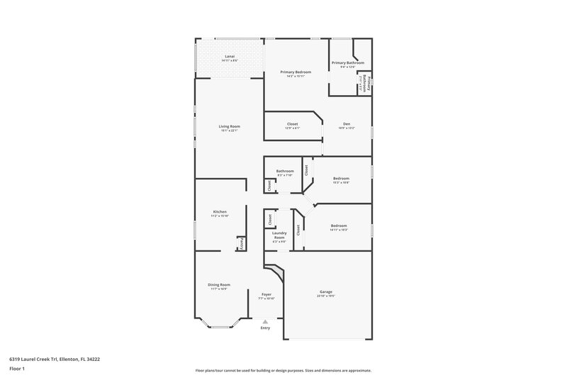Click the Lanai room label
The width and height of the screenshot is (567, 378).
point(230,56)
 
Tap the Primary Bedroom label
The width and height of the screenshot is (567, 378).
point(296,72)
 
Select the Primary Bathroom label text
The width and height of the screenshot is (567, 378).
point(347,62)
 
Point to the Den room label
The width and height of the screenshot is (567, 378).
point(347,123)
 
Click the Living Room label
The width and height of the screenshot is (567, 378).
point(230,126)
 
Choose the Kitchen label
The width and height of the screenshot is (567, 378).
point(220,211)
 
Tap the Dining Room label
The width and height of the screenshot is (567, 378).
point(219,284)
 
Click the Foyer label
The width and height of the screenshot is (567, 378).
point(266,294)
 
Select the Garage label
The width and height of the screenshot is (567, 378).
point(327,291)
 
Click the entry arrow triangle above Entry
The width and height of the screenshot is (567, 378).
point(266,321)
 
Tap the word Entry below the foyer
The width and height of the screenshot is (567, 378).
point(266,328)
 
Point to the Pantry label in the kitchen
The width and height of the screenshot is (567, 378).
point(241,244)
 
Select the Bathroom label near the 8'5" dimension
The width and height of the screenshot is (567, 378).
point(285,170)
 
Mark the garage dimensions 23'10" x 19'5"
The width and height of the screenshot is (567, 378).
point(327,296)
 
